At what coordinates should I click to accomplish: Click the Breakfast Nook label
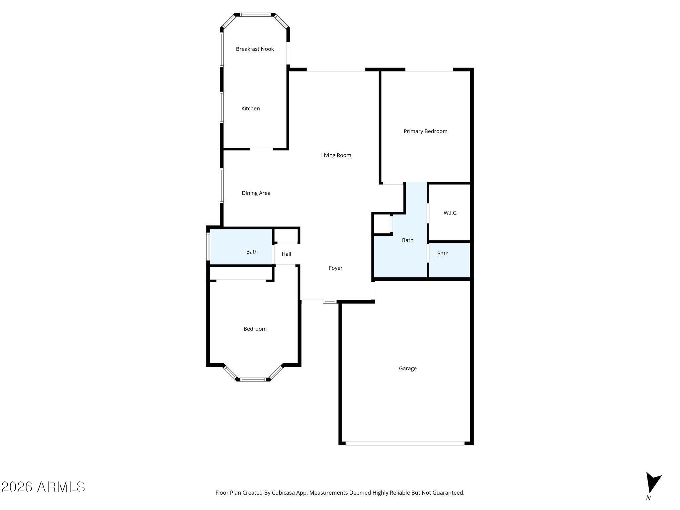coord(255,49)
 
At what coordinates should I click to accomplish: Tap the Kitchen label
coord(250,109)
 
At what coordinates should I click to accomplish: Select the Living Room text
coord(336,155)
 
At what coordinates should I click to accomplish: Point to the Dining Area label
coord(256,193)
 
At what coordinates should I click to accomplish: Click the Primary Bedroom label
coord(425,131)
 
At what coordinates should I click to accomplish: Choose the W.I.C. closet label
coord(450,213)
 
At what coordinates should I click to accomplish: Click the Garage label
coord(408,368)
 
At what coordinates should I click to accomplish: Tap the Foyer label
coord(335,268)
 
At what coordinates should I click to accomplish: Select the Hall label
coord(286,254)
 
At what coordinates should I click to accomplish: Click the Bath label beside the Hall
coord(252,252)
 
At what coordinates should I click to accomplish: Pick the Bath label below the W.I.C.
coord(443,253)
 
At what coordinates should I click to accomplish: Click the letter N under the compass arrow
coord(648,498)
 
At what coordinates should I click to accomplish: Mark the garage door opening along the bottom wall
coord(405,443)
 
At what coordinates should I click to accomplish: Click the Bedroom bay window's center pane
coord(253,379)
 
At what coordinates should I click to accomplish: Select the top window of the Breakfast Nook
coord(255,15)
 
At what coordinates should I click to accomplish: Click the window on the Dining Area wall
coord(221,186)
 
